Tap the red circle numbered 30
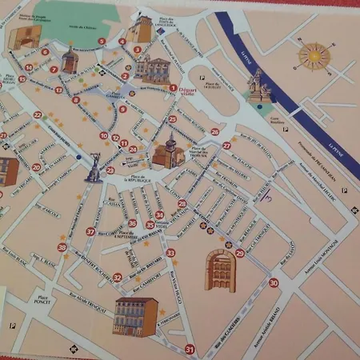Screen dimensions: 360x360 point(274,282)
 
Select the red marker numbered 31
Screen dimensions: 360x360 point(190,349)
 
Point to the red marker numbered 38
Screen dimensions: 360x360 point(62,248)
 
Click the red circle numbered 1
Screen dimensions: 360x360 point(174,88)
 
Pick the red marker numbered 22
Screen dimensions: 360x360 point(38,115)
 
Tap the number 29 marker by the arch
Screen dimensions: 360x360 point(240,253)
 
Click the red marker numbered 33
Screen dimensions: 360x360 point(170,253)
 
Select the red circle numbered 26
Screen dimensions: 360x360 point(214,132)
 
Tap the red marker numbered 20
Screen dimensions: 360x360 point(36,167)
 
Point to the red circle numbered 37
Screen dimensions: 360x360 point(90,231)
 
